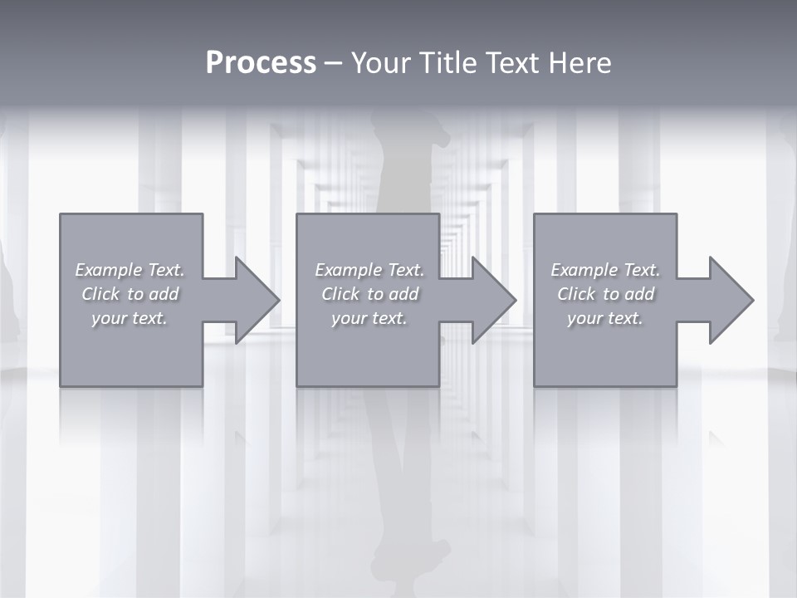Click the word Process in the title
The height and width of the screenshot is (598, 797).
tap(261, 62)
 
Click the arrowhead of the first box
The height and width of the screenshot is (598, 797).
tap(257, 300)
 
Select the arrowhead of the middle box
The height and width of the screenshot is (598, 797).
tap(493, 300)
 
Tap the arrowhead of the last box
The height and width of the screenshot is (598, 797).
tap(731, 300)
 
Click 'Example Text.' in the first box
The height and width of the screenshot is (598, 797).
tap(130, 270)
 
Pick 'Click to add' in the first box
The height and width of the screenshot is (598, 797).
tap(130, 294)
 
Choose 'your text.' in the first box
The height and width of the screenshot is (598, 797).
tap(130, 318)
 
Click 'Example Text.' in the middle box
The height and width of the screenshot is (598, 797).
tap(369, 270)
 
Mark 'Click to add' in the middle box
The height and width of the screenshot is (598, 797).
tap(369, 294)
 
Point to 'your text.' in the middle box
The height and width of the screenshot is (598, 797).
tap(369, 318)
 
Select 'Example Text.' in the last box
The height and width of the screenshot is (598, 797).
tap(605, 270)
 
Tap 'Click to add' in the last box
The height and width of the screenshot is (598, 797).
tap(605, 294)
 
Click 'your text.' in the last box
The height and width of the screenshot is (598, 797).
tap(605, 318)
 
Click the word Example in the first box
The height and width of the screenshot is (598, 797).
tap(109, 270)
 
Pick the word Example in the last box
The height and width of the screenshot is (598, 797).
tap(584, 270)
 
